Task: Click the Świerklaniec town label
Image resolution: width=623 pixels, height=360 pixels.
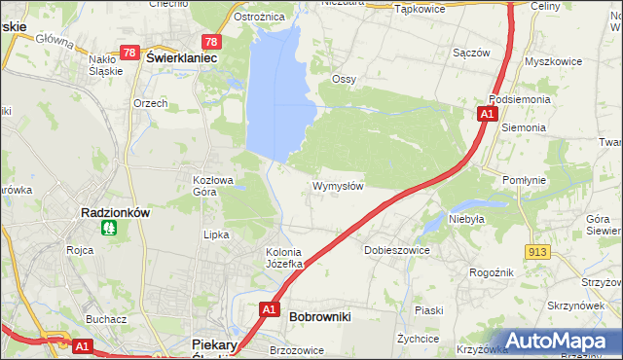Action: [x=180, y=57]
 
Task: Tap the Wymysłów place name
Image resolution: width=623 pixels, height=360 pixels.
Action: [x=338, y=186]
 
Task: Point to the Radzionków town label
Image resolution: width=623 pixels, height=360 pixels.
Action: [x=113, y=212]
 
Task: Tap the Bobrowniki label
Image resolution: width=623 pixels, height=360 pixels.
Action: [x=319, y=316]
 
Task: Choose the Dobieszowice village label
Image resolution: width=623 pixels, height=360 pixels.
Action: [x=396, y=250]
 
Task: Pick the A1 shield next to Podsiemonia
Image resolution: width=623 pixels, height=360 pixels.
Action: [x=486, y=115]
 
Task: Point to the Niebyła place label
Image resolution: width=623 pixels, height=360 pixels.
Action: [x=466, y=220]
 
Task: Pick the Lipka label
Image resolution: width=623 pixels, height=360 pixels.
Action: [x=214, y=234]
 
